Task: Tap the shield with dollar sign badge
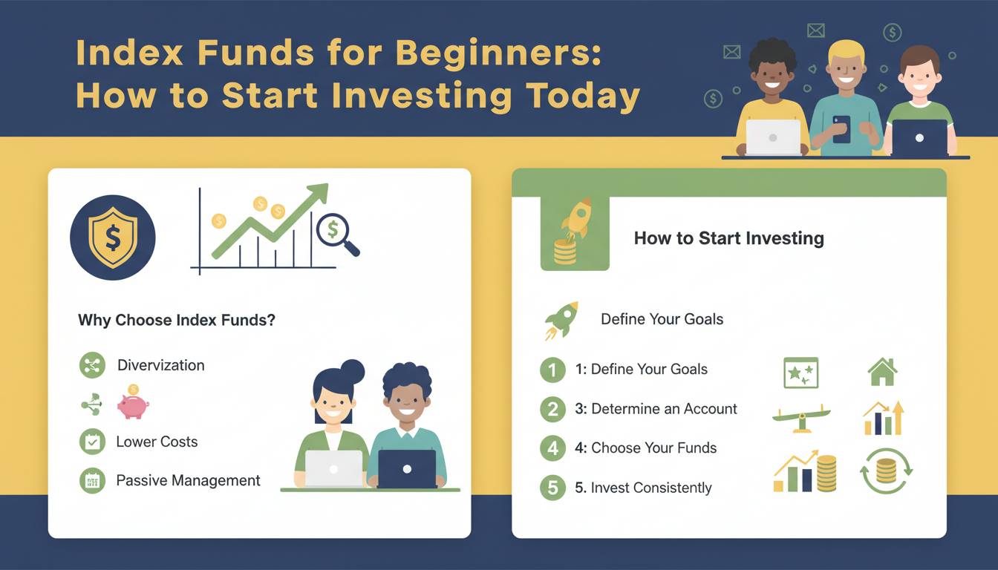tap(113, 237)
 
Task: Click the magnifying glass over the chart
tap(337, 235)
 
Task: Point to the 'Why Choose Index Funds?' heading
tap(177, 320)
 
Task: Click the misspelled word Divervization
tap(161, 365)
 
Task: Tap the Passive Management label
tap(188, 480)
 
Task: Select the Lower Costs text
tap(157, 442)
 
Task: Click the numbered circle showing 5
tap(553, 488)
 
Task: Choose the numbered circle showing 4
tap(553, 448)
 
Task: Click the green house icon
tap(882, 372)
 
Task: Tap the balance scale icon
tap(801, 418)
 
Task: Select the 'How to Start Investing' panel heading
tap(729, 238)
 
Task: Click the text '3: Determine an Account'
tap(656, 409)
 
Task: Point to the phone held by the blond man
tap(841, 129)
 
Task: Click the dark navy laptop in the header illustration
tap(919, 137)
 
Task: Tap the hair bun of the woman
tap(353, 371)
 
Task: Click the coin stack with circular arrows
tap(886, 471)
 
